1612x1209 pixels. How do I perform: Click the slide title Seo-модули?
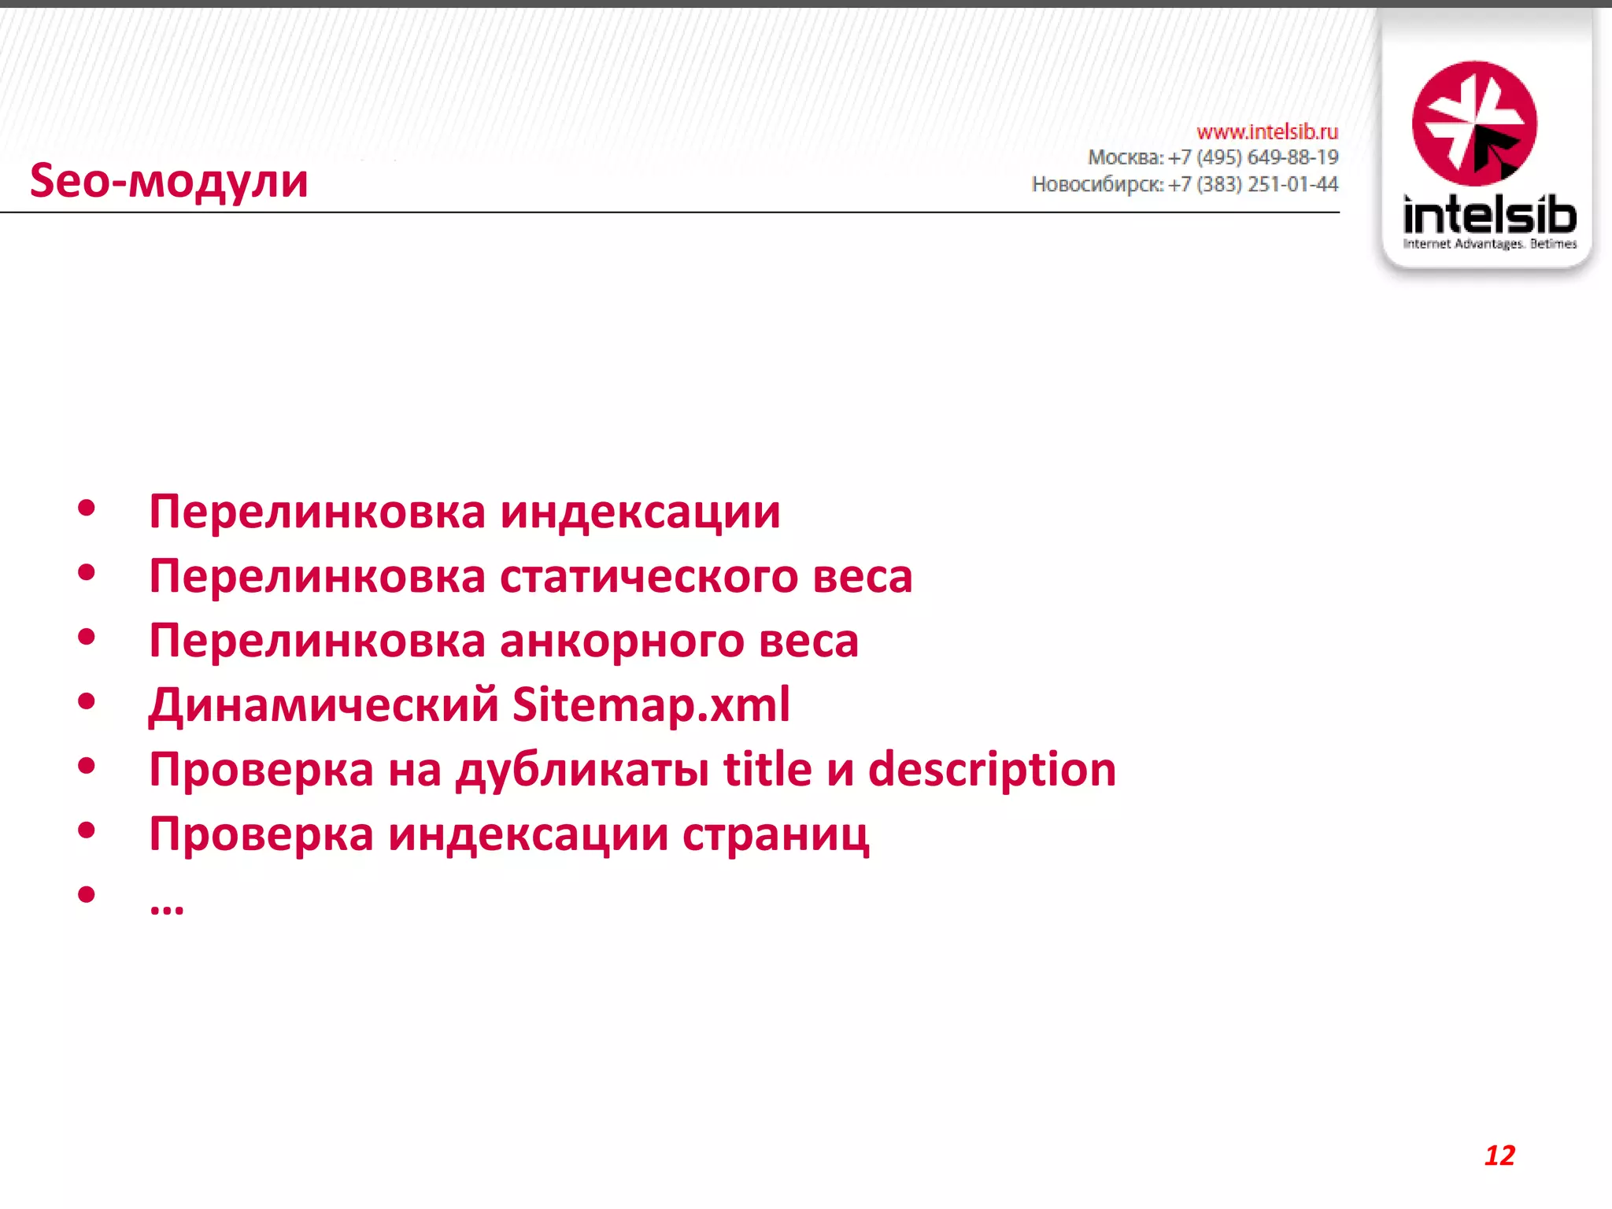[168, 181]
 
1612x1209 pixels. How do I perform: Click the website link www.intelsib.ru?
[1266, 131]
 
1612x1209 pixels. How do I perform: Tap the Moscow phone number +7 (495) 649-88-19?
[1253, 157]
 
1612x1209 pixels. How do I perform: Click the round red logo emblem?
[1474, 124]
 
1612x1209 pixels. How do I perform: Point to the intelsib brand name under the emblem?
[1489, 214]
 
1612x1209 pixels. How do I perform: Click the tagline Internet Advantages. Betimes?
[1489, 244]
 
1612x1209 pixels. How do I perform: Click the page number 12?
[1499, 1155]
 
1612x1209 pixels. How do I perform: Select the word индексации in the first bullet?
[640, 512]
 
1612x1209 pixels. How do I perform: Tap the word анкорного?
[622, 641]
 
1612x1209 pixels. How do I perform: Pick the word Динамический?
[324, 704]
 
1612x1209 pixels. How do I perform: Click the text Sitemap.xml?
[651, 704]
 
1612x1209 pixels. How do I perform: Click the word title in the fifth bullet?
[767, 770]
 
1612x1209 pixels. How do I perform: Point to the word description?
[992, 770]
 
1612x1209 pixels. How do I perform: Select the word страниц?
[775, 834]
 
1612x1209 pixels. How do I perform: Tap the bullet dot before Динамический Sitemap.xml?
[87, 701]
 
